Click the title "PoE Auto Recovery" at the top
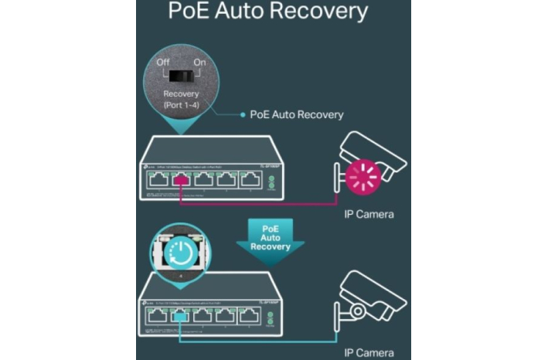[x=268, y=12]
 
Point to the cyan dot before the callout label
[x=241, y=114]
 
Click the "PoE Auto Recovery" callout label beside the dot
[x=297, y=114]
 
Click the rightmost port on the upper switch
[x=251, y=182]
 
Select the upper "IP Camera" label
[x=369, y=214]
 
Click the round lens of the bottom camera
[x=359, y=311]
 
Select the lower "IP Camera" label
[x=369, y=352]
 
